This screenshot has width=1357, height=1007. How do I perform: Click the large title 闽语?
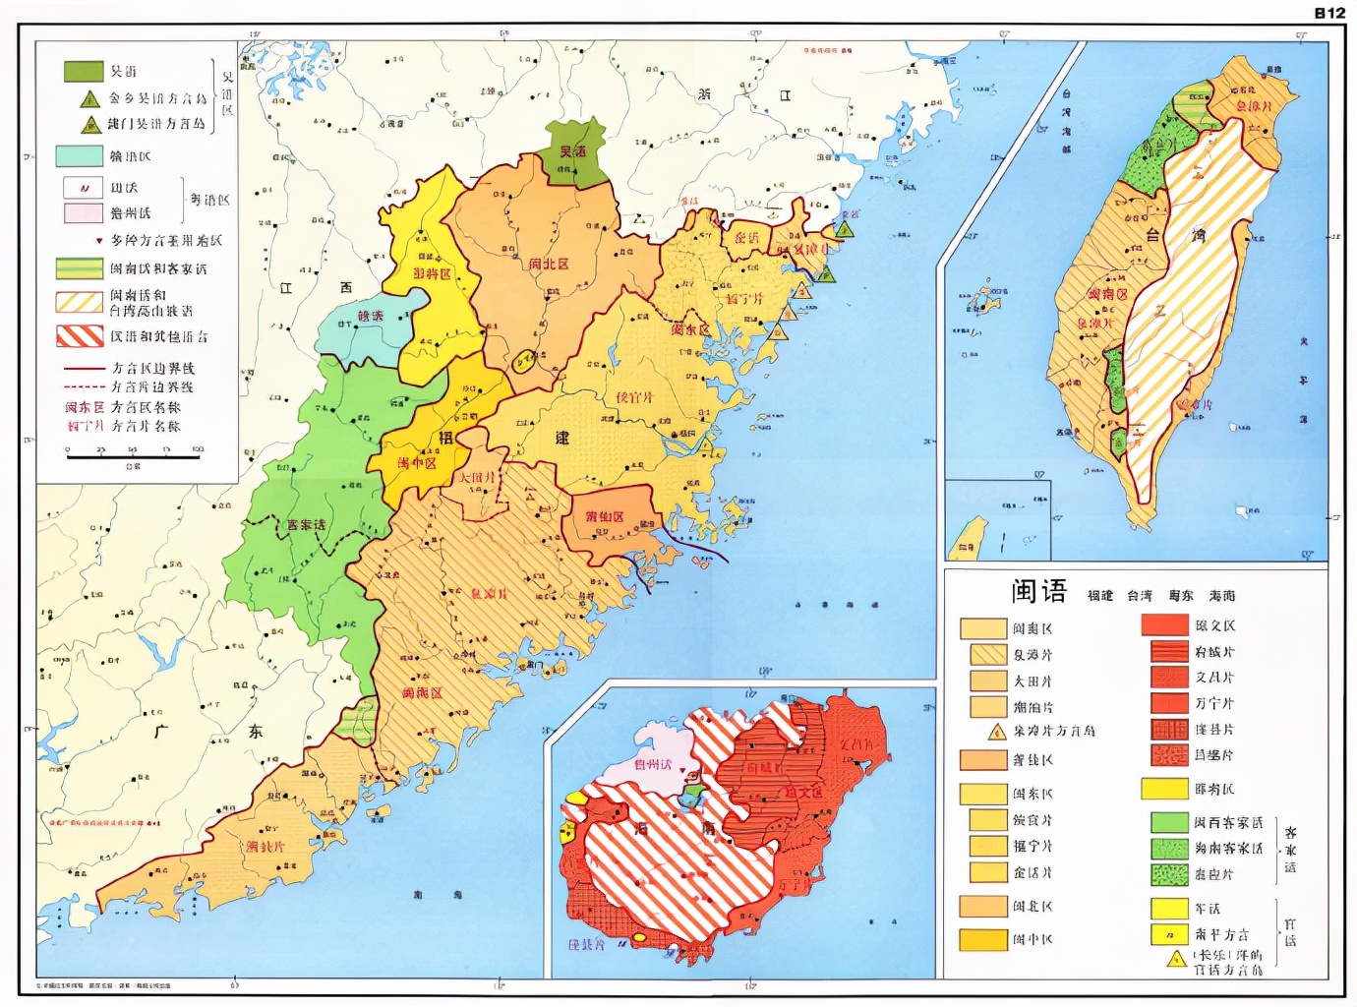point(1038,591)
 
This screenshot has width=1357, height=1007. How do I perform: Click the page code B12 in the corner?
point(1328,12)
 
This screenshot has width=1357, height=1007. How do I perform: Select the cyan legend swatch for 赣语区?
point(79,155)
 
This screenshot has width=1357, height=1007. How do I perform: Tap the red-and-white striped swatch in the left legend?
point(79,335)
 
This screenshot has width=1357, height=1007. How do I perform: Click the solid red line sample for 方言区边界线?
point(84,368)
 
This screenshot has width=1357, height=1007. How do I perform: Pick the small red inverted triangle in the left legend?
point(98,241)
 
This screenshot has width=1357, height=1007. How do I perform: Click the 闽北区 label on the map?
point(549,265)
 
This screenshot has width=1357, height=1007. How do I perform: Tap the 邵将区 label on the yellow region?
point(431,274)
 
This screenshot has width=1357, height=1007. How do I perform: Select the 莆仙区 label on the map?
point(605,516)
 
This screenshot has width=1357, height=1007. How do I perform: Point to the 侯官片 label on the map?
point(634,397)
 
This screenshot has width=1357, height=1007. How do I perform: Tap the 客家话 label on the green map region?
point(306,525)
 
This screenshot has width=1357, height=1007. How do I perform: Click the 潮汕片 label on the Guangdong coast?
point(265,846)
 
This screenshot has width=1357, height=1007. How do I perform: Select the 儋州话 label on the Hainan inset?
point(653,764)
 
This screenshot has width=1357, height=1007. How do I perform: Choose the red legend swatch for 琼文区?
point(1164,624)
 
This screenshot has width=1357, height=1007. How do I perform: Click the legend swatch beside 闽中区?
point(982,939)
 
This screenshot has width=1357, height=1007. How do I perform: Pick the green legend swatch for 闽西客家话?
point(1169,822)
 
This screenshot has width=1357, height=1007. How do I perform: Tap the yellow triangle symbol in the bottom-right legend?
point(1176,959)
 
